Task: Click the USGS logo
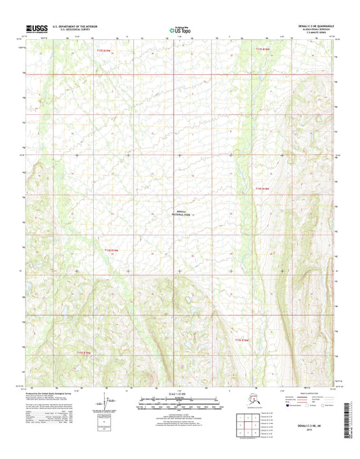click(x=34, y=28)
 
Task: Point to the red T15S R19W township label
click(x=84, y=352)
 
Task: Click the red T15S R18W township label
click(x=242, y=340)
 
